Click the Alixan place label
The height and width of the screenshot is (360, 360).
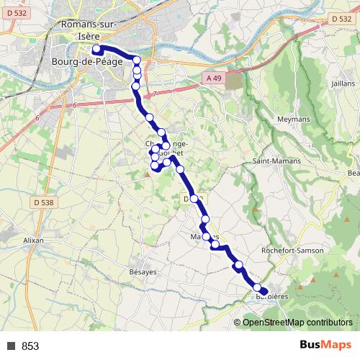pos(34,240)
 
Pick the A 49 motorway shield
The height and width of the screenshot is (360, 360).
pos(212,78)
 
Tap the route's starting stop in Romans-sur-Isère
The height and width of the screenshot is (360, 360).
pos(96,49)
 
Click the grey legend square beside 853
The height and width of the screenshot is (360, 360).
pos(12,346)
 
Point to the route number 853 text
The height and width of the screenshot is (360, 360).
pos(30,346)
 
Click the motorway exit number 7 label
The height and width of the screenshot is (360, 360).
pos(154,94)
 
